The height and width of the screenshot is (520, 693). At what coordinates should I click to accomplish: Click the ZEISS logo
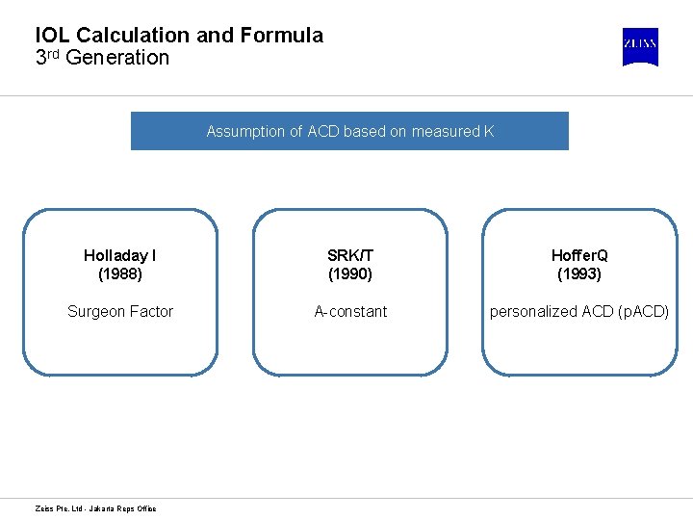[x=640, y=46]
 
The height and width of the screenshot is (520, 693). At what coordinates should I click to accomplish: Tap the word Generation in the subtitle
[x=117, y=58]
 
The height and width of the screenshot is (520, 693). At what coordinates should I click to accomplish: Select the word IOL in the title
[x=53, y=36]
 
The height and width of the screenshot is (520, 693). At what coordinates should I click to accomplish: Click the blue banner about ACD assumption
[x=349, y=131]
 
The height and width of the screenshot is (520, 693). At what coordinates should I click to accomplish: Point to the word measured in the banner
[x=446, y=131]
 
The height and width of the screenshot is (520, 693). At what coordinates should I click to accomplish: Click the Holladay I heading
[x=120, y=255]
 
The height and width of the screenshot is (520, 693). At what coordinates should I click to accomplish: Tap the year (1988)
[x=120, y=273]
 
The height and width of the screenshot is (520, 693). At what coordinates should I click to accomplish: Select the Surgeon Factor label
[x=120, y=311]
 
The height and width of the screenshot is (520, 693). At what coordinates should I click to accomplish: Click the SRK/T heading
[x=350, y=255]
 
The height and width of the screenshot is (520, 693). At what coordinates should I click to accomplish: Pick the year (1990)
[x=350, y=273]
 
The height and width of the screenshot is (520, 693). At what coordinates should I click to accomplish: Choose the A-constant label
[x=350, y=311]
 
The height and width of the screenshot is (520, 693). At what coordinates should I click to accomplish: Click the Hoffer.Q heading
[x=579, y=255]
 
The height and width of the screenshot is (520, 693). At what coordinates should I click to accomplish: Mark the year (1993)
[x=579, y=273]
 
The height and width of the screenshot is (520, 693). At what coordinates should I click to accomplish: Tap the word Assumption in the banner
[x=245, y=131]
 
